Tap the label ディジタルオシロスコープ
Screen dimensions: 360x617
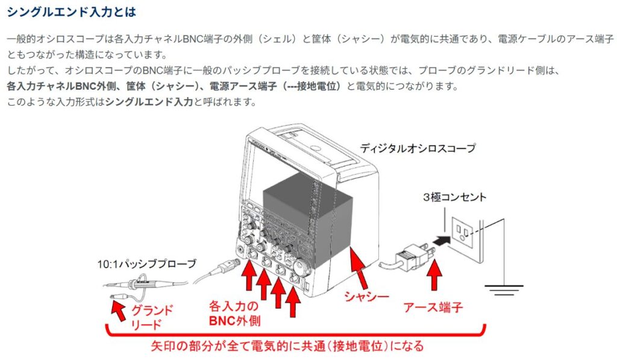click(417, 148)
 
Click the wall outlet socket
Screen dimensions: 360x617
click(463, 230)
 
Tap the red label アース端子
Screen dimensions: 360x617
click(433, 308)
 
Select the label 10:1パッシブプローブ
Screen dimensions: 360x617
click(147, 264)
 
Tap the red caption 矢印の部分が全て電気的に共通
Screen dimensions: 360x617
click(287, 346)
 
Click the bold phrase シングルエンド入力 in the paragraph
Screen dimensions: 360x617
click(149, 102)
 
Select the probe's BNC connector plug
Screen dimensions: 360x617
click(227, 265)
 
